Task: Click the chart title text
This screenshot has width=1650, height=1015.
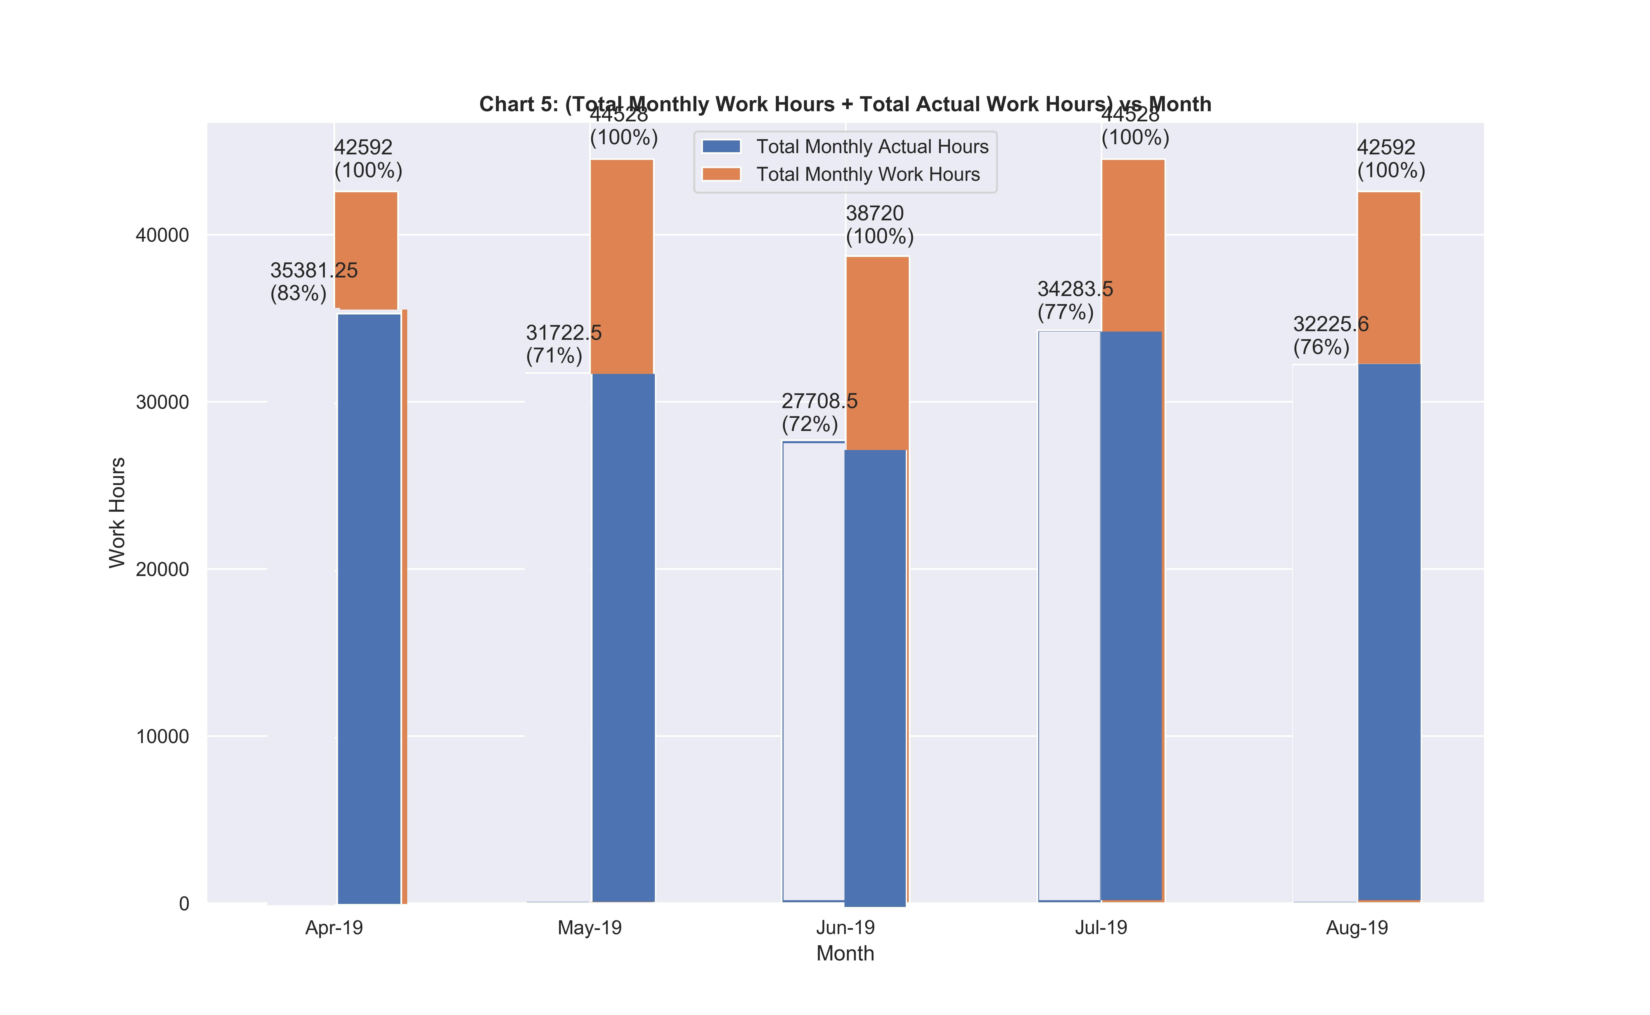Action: (x=845, y=105)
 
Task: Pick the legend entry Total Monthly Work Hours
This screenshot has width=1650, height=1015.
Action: (x=868, y=174)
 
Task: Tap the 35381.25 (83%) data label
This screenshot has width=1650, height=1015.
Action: (x=314, y=282)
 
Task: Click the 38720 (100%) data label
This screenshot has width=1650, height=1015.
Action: (x=879, y=225)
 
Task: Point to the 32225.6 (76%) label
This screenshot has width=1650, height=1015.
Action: (x=1330, y=336)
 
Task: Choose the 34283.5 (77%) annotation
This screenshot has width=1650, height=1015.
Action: (x=1074, y=300)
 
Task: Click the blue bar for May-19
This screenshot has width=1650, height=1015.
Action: (x=623, y=638)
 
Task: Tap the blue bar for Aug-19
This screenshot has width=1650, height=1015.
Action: (x=1389, y=631)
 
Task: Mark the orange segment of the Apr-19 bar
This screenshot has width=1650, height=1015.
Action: (x=366, y=250)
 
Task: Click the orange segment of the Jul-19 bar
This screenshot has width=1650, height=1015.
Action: (x=1133, y=245)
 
